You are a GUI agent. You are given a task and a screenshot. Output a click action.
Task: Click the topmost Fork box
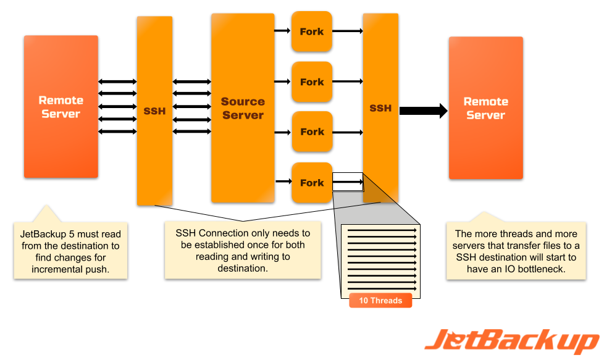pos(312,31)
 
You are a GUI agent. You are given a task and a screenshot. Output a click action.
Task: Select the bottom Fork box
pos(312,183)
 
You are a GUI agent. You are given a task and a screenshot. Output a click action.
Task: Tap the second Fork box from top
pos(312,82)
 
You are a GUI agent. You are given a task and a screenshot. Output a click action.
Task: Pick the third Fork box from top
pos(312,132)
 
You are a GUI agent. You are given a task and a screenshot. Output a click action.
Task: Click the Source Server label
pos(243,108)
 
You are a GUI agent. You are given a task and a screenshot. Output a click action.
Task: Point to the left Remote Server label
pos(61,107)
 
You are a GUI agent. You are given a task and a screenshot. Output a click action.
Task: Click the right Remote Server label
pos(485,108)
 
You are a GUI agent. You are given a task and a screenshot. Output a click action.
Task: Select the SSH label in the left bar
pos(154,111)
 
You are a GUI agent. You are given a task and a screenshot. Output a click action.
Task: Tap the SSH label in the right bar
pos(380,108)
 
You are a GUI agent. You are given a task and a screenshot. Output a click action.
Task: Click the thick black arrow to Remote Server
pos(423,111)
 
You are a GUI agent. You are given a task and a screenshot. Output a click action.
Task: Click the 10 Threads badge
pos(380,301)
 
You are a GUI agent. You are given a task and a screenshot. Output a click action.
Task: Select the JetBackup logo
pos(511,341)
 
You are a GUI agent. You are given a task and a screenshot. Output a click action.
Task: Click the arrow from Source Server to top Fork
pos(282,31)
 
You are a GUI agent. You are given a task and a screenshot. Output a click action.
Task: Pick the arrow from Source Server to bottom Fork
pos(282,181)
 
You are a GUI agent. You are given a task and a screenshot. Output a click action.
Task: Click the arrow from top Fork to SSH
pos(347,31)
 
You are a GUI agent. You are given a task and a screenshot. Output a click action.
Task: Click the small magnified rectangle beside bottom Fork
pos(348,182)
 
